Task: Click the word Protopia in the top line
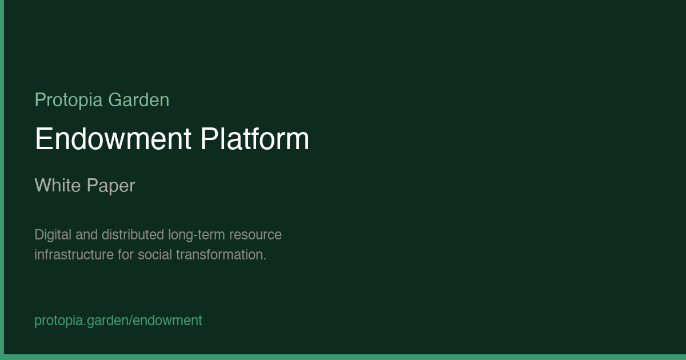click(69, 100)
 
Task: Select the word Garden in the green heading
click(139, 100)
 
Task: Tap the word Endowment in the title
click(113, 139)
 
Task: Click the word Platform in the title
click(255, 139)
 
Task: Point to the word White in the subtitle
click(58, 185)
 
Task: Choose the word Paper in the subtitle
click(111, 186)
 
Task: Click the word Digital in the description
click(53, 235)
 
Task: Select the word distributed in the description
click(133, 235)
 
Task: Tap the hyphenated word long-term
click(197, 235)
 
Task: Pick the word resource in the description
click(256, 235)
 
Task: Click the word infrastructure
click(74, 255)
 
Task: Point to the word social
click(155, 255)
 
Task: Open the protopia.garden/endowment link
click(118, 321)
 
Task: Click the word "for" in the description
click(126, 255)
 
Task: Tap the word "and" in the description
click(87, 235)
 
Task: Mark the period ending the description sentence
click(265, 259)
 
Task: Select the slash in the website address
click(131, 321)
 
